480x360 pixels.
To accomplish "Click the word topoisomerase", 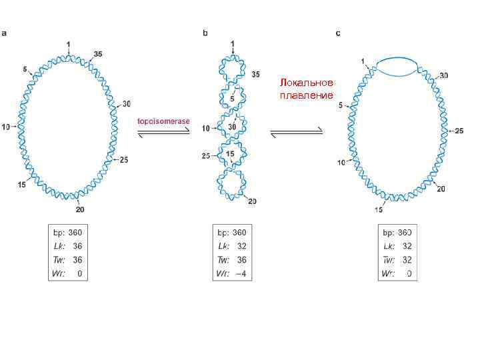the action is pos(163,121).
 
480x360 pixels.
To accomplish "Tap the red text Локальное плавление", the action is pos(307,89).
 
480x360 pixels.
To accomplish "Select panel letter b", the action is pos(205,33).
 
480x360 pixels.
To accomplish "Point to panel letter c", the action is pos(338,33).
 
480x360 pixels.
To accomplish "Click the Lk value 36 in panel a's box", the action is pos(77,246).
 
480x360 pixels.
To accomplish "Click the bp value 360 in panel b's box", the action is pos(239,232).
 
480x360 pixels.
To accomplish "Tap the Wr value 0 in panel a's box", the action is pos(79,275).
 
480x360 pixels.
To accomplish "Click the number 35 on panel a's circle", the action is pos(98,54).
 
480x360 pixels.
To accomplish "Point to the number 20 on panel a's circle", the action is pos(79,210).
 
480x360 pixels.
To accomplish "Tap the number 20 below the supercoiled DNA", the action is pos(252,201).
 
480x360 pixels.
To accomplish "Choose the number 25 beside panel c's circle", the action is pos(459,131).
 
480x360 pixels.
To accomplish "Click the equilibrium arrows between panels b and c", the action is pos(297,132).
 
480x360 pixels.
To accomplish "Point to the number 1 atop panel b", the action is pos(232,44).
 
